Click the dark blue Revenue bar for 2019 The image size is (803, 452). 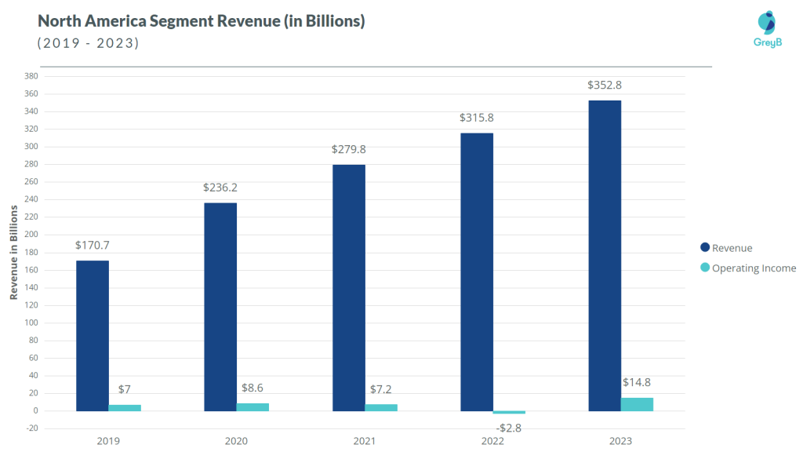[93, 335]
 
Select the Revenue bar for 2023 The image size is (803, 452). [605, 255]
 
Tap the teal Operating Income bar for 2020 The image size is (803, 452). [253, 407]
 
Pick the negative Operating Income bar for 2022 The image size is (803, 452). [509, 413]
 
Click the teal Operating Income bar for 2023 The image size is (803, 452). [637, 404]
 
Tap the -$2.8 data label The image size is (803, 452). [509, 428]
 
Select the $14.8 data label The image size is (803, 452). [637, 382]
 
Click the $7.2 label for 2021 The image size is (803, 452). [381, 389]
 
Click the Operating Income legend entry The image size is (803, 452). [754, 268]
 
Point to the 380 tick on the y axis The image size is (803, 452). [31, 76]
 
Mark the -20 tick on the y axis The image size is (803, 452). [31, 428]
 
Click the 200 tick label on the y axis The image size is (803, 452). [31, 235]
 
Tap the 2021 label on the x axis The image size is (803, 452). [365, 441]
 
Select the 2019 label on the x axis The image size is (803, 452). [108, 441]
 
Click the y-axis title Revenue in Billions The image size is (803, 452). [13, 252]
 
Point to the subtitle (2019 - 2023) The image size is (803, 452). [88, 43]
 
